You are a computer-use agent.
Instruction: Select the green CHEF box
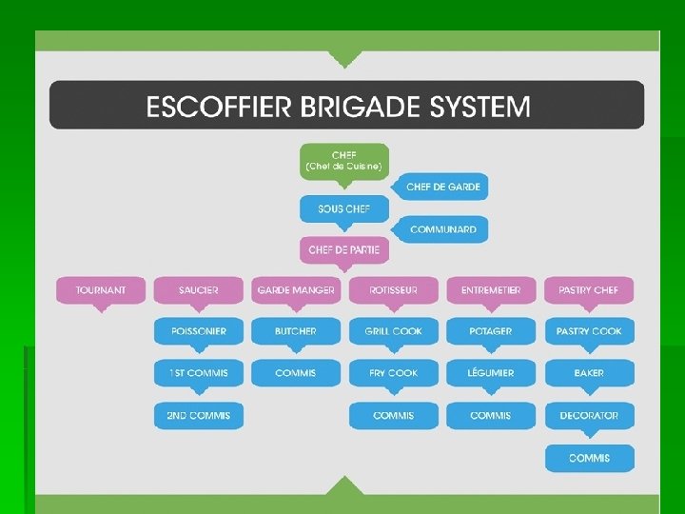tap(343, 160)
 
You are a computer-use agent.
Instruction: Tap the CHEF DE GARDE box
tap(443, 187)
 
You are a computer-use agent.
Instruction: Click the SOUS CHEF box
tap(343, 208)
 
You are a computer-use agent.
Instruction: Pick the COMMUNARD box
tap(443, 229)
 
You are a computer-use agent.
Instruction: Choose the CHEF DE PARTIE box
tap(343, 250)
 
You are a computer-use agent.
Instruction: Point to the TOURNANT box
tap(102, 289)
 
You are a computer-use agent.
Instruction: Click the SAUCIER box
tap(199, 289)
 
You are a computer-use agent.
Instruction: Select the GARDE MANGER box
tap(296, 289)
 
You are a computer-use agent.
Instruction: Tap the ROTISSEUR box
tap(393, 289)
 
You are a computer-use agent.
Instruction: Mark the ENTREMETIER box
tap(491, 289)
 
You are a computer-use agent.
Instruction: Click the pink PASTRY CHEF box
tap(588, 289)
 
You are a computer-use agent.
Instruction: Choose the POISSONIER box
tap(199, 331)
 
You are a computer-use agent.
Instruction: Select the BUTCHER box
tap(296, 331)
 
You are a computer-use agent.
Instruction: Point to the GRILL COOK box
tap(393, 331)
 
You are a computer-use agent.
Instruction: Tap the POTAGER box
tap(491, 331)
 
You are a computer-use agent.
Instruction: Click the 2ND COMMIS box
tap(199, 415)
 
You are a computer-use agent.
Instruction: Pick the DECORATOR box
tap(588, 415)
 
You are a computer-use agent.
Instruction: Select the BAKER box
tap(588, 373)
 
